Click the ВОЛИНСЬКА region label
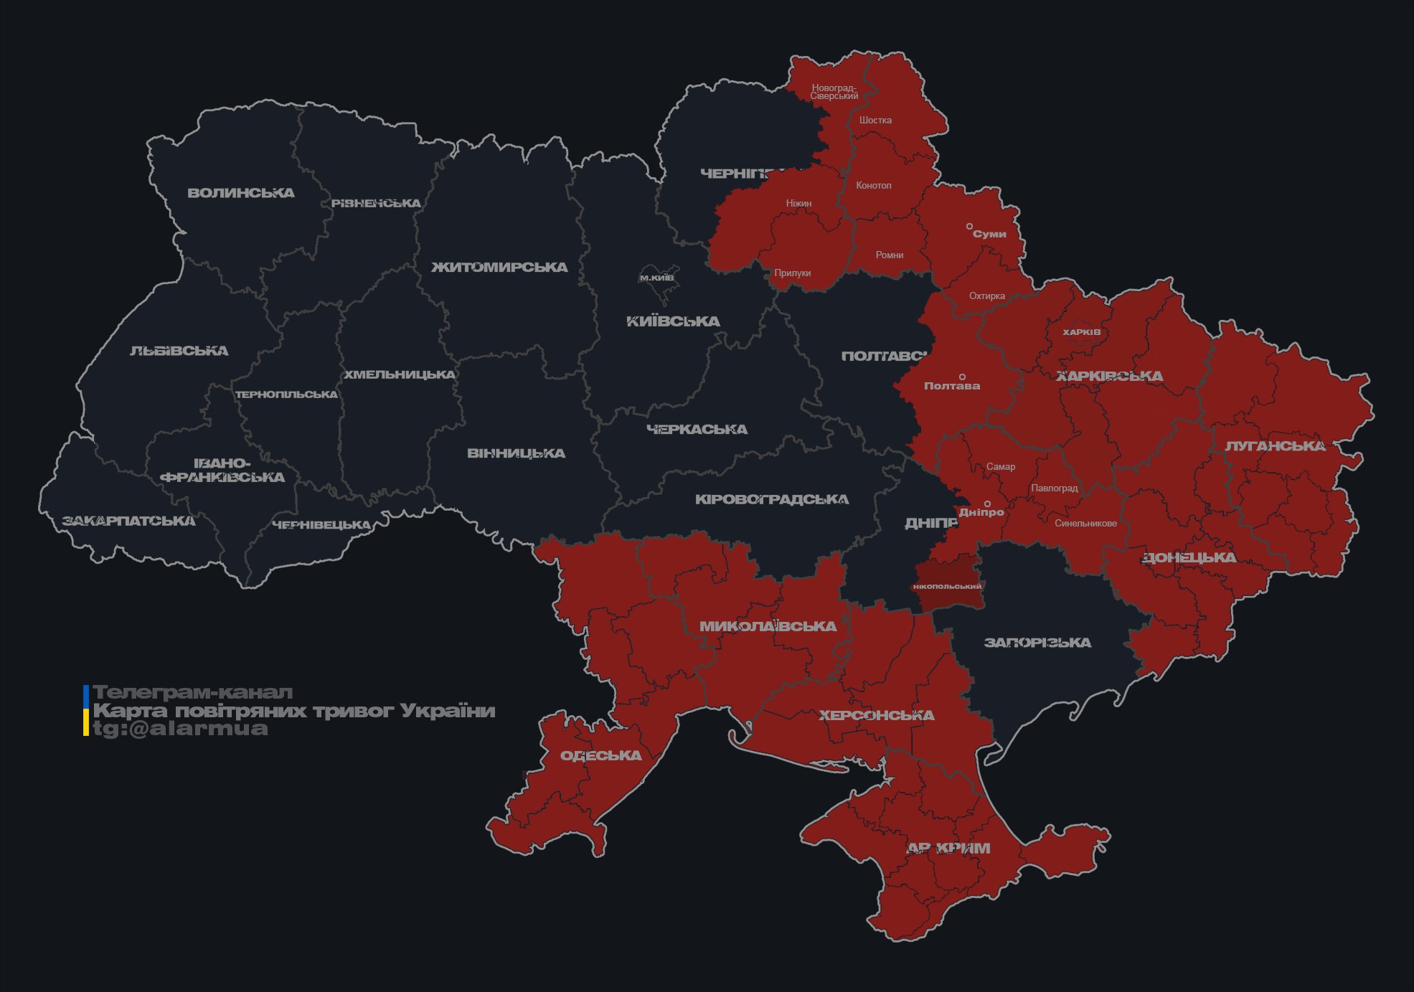[x=241, y=193]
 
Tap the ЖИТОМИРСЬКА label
[x=499, y=268]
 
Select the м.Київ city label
[x=656, y=278]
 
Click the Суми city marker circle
[x=969, y=227]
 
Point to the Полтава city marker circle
[x=962, y=377]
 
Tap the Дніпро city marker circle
[x=987, y=504]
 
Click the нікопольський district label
[x=947, y=586]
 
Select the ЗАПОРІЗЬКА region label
[x=1037, y=643]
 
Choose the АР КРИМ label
[x=948, y=849]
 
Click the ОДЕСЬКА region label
[x=600, y=755]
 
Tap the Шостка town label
[x=875, y=120]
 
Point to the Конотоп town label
[x=873, y=185]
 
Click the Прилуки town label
[x=792, y=273]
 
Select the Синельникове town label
[x=1085, y=523]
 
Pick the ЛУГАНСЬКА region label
[x=1275, y=446]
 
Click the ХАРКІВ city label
[x=1081, y=332]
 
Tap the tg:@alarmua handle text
[x=180, y=729]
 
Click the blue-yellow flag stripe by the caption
[x=86, y=710]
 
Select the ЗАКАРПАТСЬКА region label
[x=128, y=521]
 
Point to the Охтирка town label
[x=986, y=296]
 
